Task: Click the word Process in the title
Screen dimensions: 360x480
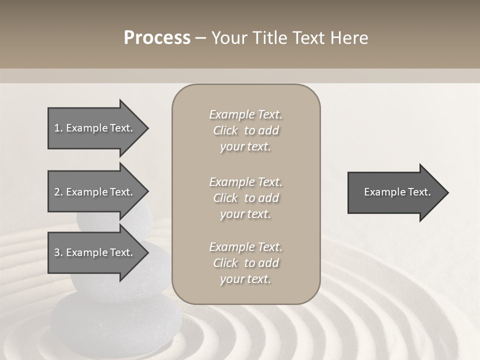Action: pos(157,38)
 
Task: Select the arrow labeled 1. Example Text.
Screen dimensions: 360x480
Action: pos(95,128)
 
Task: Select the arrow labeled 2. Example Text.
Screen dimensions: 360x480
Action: pos(95,192)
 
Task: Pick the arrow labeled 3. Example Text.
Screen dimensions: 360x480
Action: pos(95,252)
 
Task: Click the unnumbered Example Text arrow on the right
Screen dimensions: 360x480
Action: pos(395,192)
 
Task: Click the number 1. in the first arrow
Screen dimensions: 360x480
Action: pos(58,128)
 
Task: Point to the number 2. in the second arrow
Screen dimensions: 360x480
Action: pos(58,192)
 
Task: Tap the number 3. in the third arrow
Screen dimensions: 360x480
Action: pos(58,252)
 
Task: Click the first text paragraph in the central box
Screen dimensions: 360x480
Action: pos(245,130)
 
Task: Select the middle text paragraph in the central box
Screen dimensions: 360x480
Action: pos(245,197)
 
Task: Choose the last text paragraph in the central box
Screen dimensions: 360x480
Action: pos(245,263)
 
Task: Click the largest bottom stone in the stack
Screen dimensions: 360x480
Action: pos(115,320)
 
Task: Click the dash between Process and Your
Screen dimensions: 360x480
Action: pos(200,38)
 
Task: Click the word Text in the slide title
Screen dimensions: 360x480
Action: pos(309,38)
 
